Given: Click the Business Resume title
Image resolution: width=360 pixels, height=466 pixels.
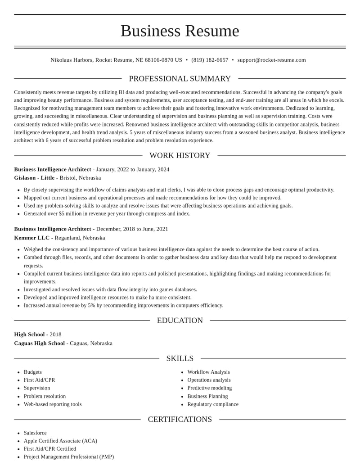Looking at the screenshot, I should coord(180,31).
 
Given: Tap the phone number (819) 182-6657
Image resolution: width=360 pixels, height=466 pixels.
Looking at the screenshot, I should coord(210,60).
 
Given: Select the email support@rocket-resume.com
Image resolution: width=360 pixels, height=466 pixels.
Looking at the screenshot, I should coord(271,60).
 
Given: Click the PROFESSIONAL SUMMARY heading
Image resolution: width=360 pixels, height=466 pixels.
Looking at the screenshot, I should coord(180,79).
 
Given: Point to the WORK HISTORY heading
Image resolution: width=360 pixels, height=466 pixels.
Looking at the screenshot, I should coord(180,155).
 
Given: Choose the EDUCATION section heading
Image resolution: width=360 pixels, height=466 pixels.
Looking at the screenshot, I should coord(180,321).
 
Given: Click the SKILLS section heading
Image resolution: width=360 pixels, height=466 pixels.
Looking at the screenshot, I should coord(180,358).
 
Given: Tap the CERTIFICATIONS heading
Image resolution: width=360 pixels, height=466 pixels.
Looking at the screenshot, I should coord(180,419).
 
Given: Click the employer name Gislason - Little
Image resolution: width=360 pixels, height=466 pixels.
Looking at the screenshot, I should coord(34,178).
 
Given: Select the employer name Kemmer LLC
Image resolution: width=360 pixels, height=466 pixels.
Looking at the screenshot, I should coord(31,238).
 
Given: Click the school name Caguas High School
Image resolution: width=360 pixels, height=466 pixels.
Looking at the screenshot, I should coord(40,343).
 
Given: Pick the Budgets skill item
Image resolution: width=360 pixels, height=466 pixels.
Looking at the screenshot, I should coord(33,372).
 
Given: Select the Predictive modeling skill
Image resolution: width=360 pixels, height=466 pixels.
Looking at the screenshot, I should coord(210,388).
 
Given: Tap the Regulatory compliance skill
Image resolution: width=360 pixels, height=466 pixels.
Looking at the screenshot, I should coord(213,404).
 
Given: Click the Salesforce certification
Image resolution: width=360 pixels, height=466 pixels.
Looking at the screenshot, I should coord(35,433).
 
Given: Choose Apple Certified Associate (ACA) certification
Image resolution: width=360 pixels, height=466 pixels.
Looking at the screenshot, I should coord(60,441).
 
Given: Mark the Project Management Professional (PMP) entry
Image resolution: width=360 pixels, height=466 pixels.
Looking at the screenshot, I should coord(69,457).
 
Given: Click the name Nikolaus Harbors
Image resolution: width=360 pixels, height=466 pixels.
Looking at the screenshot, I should coord(72,60).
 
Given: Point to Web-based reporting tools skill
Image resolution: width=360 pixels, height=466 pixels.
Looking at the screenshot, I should coord(53,404).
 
